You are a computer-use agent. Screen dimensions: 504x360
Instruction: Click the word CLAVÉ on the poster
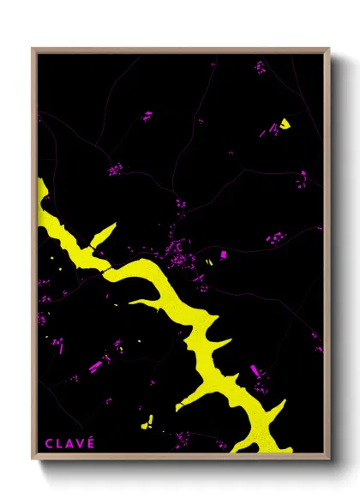69,443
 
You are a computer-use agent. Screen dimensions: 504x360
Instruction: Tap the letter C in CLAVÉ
49,443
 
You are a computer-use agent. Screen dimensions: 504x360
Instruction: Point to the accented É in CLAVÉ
91,442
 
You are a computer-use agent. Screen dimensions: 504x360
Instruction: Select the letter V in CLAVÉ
81,443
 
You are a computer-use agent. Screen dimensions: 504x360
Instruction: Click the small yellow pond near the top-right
284,122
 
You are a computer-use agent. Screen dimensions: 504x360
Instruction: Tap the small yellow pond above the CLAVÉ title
147,421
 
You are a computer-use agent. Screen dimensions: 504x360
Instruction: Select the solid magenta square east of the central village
223,255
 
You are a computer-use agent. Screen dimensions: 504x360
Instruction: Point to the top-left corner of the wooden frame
33,50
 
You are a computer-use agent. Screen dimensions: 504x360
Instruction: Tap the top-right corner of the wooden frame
328,50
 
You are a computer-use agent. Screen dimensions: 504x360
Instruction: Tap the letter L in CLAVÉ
59,443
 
